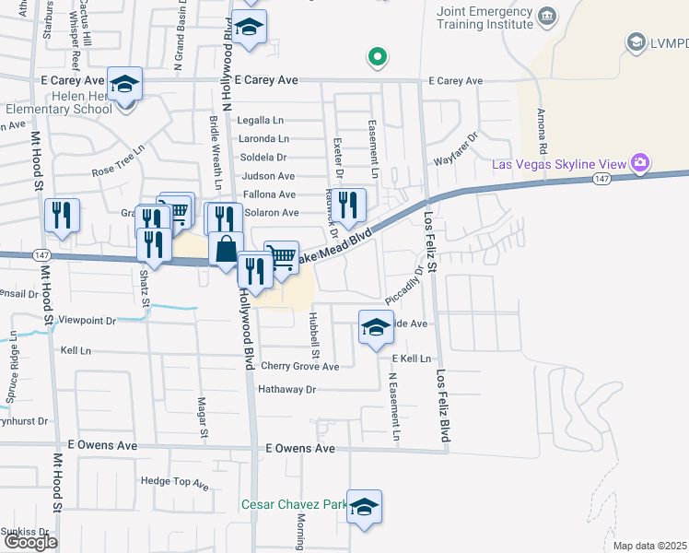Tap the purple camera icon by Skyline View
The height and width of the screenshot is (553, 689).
coord(640,164)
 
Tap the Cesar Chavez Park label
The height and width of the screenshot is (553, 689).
coord(294,505)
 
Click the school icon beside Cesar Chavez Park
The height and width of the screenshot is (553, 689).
coord(365,507)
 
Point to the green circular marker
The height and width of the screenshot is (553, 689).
coord(376,58)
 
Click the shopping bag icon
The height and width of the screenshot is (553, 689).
coord(226,249)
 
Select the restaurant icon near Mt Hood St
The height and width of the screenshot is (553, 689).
coord(62,216)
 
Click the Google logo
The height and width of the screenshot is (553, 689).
coord(30,542)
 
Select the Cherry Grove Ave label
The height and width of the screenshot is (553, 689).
coord(300,367)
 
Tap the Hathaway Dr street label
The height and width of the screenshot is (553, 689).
coord(287,390)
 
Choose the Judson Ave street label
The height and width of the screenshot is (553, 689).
coord(267,176)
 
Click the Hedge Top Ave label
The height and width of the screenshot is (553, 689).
coord(177,482)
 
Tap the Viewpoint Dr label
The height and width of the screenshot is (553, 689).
coord(87,322)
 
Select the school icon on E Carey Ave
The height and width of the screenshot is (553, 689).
coord(124,85)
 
